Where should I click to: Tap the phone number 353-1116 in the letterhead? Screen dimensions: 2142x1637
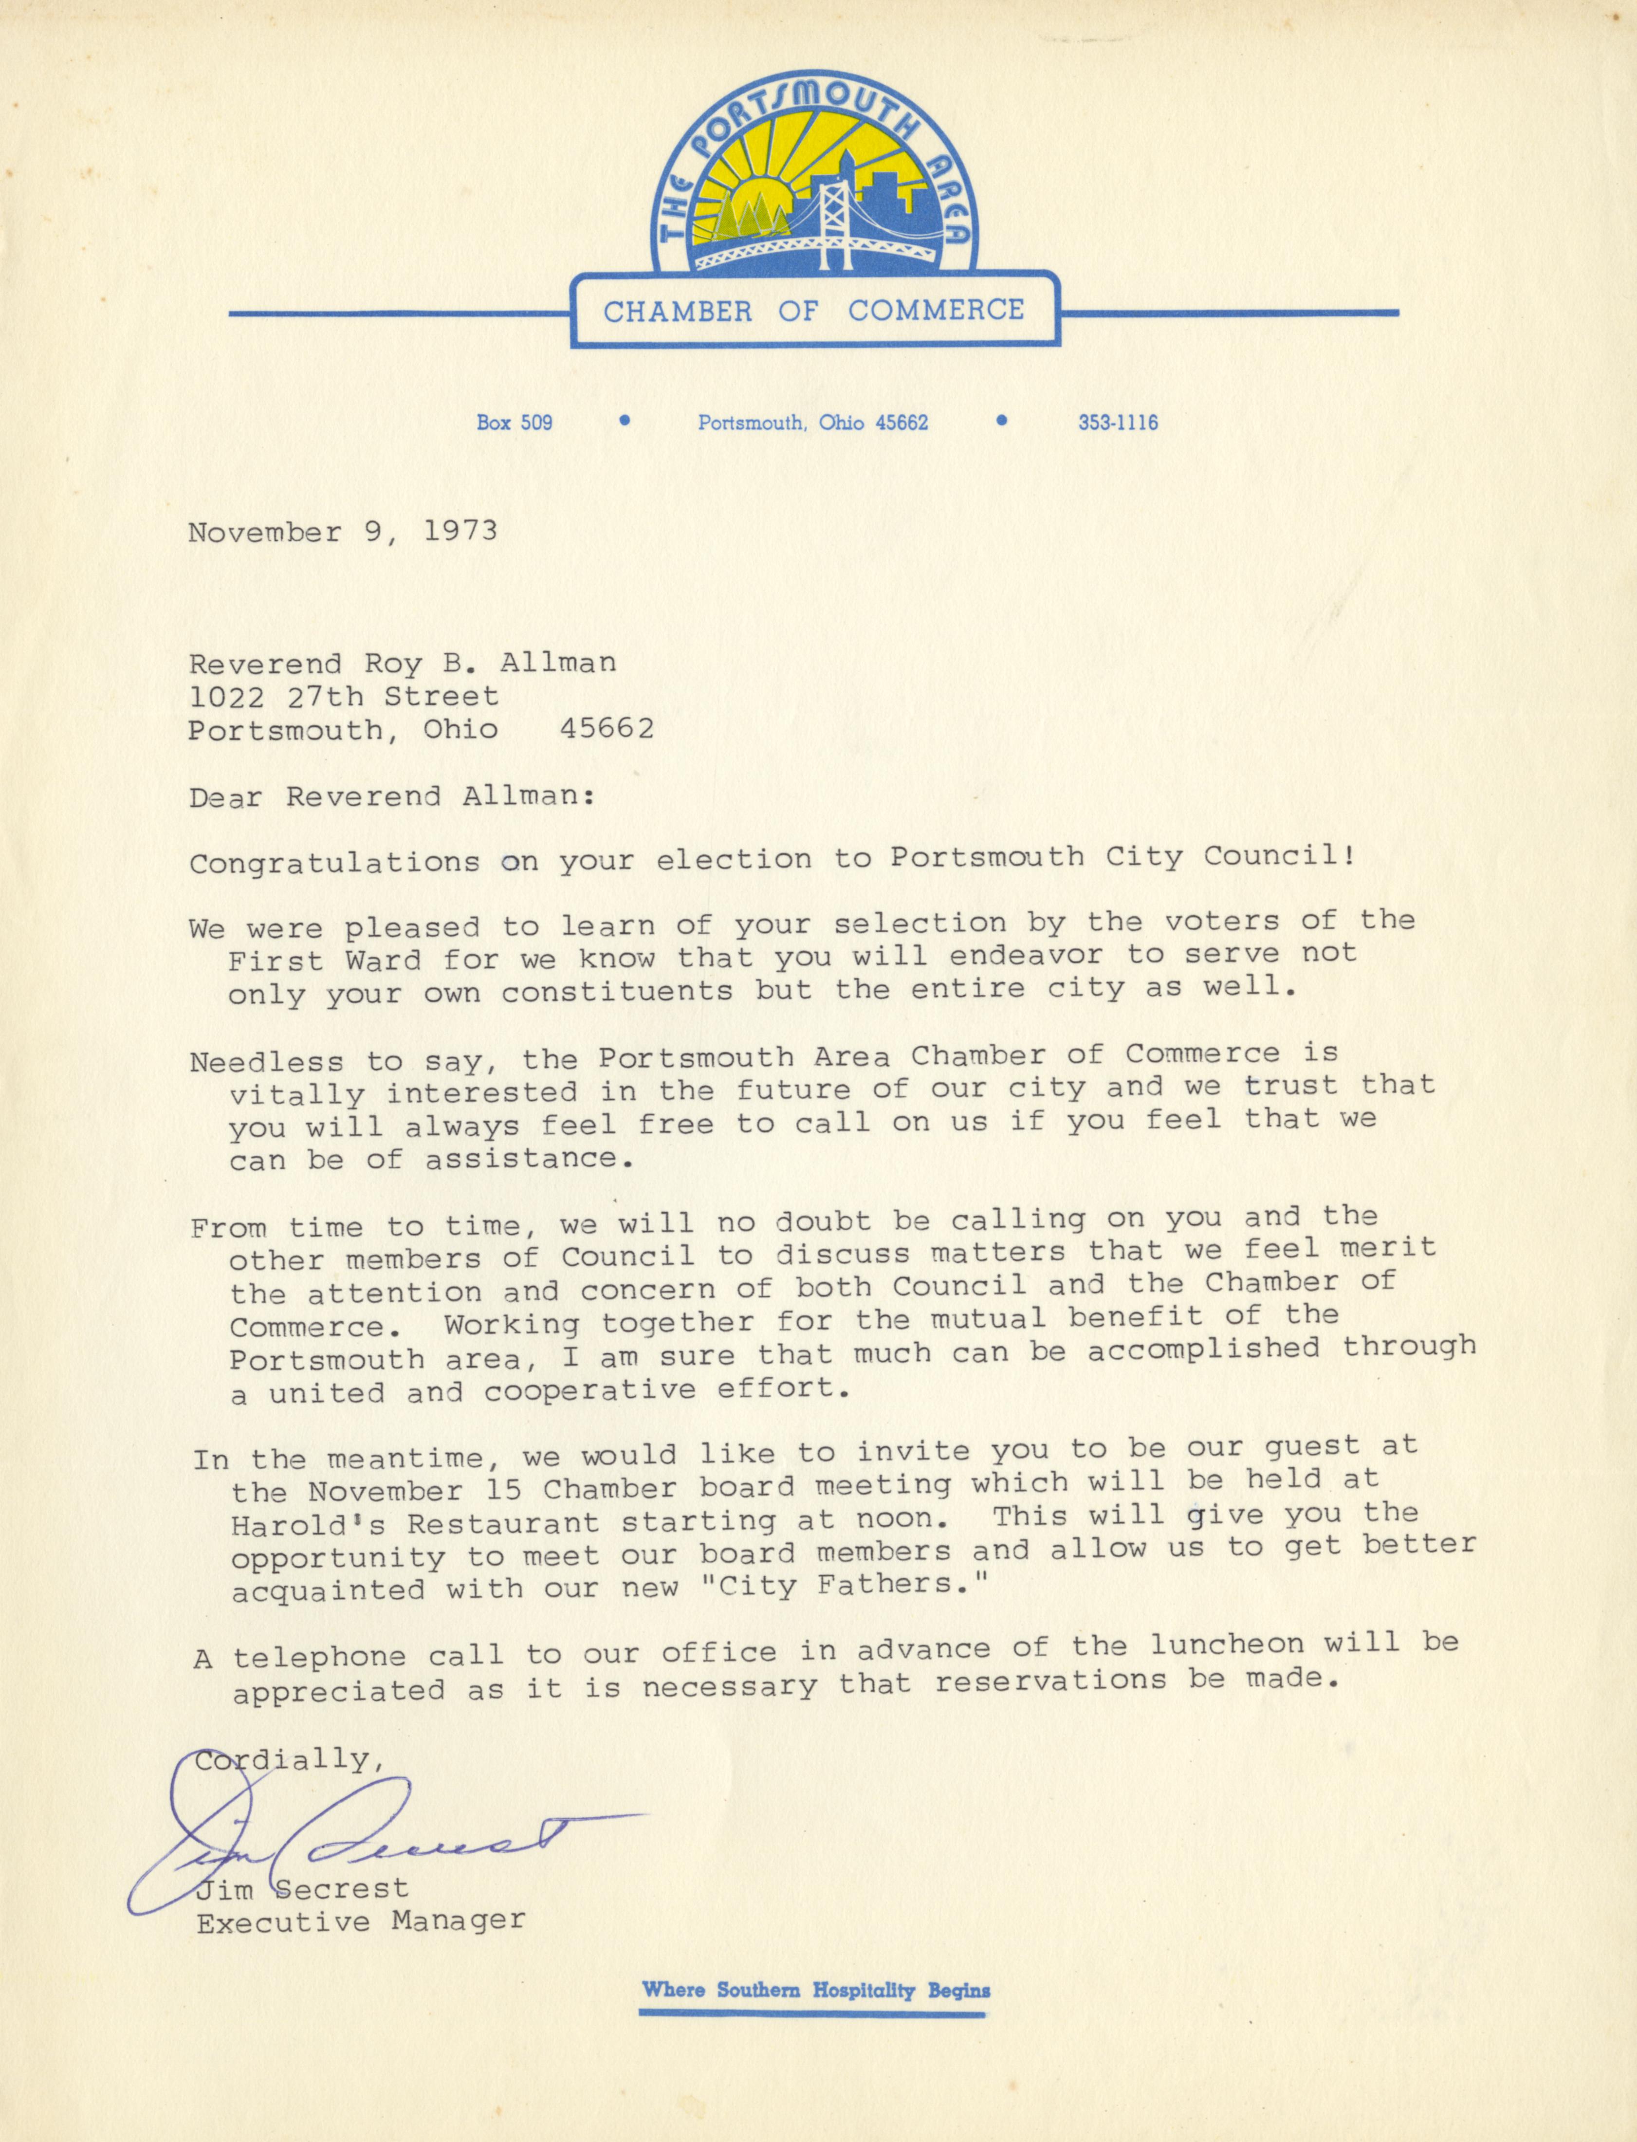[1118, 423]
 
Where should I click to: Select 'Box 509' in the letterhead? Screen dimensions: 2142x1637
[515, 423]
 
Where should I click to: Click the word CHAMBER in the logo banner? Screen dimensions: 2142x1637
[677, 312]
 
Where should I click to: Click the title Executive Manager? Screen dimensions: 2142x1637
[361, 1922]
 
